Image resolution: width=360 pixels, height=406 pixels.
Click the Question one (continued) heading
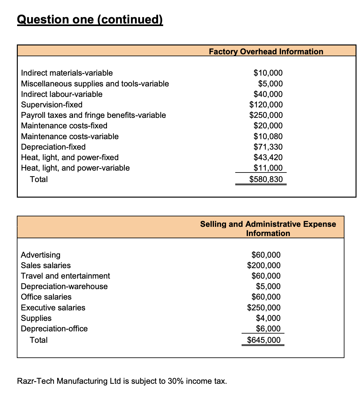pyautogui.click(x=90, y=20)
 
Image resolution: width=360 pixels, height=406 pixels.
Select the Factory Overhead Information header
pyautogui.click(x=266, y=51)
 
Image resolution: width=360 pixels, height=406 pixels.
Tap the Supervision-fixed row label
pyautogui.click(x=52, y=105)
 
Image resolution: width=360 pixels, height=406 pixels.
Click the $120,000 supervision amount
pyautogui.click(x=266, y=105)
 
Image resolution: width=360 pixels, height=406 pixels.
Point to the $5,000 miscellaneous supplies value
pyautogui.click(x=270, y=84)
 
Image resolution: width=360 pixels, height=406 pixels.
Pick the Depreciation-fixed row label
pyautogui.click(x=53, y=147)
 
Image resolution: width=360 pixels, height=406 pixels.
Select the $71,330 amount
pyautogui.click(x=268, y=147)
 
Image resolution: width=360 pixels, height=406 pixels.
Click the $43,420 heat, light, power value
pyautogui.click(x=268, y=157)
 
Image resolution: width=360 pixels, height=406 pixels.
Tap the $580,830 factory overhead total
pyautogui.click(x=266, y=179)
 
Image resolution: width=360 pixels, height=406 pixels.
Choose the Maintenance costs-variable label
pyautogui.click(x=70, y=136)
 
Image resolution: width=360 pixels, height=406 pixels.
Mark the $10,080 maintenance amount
pyautogui.click(x=268, y=136)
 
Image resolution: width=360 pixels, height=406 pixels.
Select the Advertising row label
pyautogui.click(x=41, y=255)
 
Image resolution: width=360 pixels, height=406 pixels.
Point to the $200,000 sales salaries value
pyautogui.click(x=264, y=265)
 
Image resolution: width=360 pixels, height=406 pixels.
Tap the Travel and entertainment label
pyautogui.click(x=65, y=276)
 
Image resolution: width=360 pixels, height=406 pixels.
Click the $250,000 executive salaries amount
pyautogui.click(x=264, y=308)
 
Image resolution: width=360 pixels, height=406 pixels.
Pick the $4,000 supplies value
pyautogui.click(x=268, y=318)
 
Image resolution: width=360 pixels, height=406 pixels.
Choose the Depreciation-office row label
pyautogui.click(x=54, y=328)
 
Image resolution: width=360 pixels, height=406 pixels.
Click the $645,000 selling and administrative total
pyautogui.click(x=264, y=340)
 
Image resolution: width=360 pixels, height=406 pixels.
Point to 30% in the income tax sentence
pyautogui.click(x=176, y=381)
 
